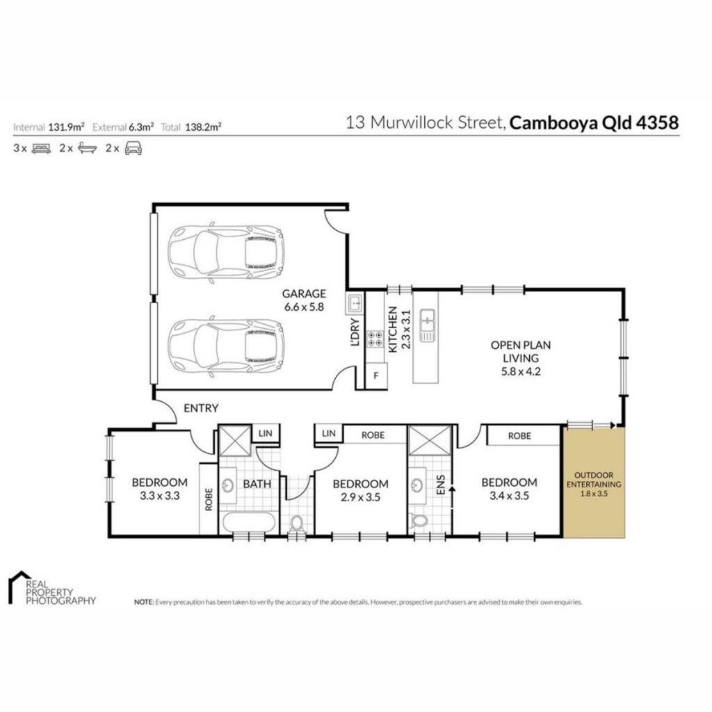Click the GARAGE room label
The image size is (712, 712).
point(304,293)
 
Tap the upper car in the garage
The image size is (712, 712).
point(226,252)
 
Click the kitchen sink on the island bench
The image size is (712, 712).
point(427,325)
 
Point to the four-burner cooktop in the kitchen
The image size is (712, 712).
point(375,339)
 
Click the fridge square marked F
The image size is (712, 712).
point(376,376)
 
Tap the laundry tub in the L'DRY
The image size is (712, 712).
point(355,303)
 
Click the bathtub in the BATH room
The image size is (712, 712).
point(250,523)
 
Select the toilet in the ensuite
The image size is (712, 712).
point(417,521)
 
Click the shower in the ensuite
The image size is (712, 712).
point(430,440)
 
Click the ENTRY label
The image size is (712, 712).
point(201,408)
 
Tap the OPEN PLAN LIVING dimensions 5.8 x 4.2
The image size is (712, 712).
point(521,371)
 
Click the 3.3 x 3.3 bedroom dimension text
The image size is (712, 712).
point(159,496)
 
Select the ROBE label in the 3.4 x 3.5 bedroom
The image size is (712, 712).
point(519,436)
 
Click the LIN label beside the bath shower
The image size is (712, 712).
point(265,433)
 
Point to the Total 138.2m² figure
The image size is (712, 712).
point(191,127)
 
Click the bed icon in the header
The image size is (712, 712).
point(41,149)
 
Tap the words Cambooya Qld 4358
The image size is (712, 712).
point(594,122)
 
